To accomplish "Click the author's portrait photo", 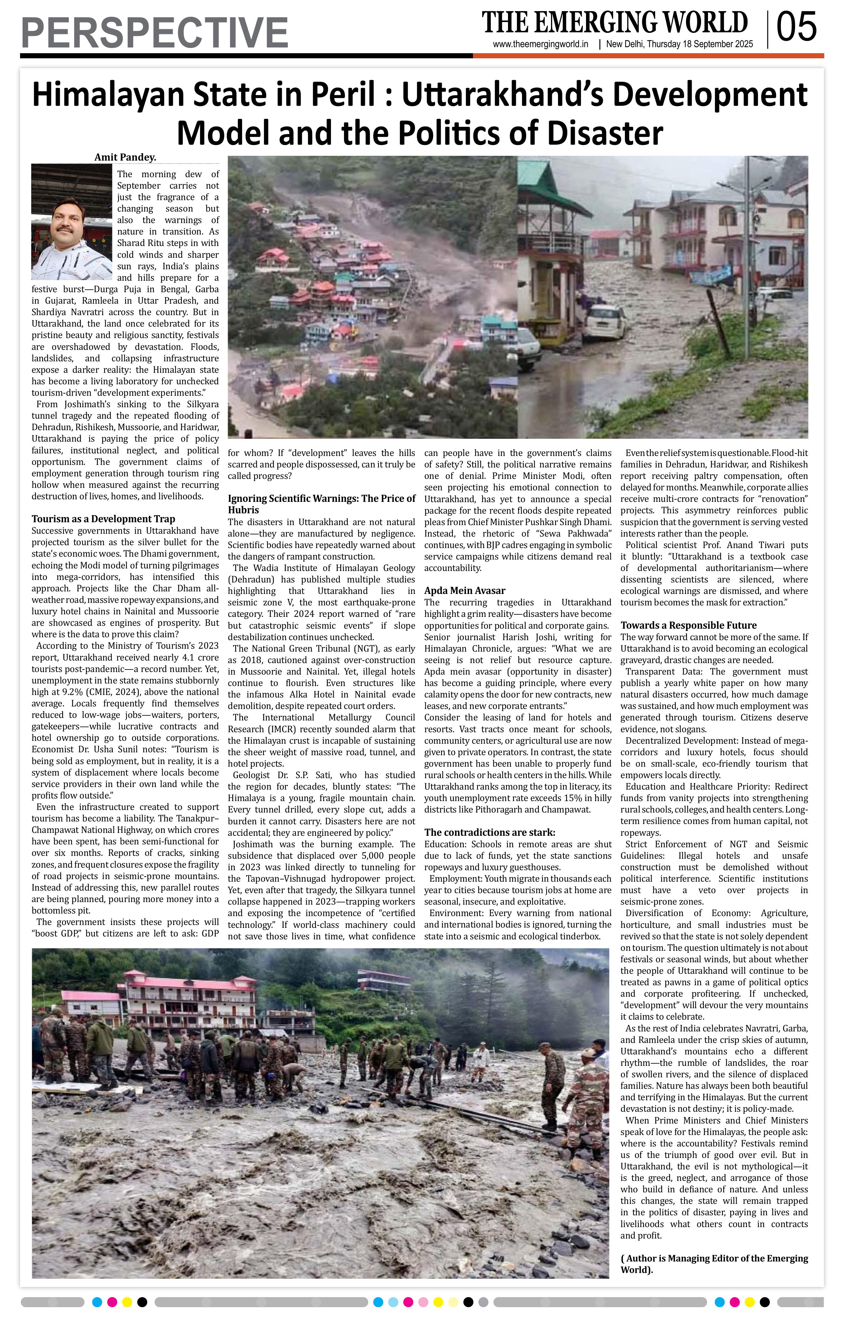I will [72, 221].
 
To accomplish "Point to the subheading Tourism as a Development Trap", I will [103, 519].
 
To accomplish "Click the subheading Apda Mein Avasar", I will [465, 590].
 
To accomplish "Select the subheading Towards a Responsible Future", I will [688, 625].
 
